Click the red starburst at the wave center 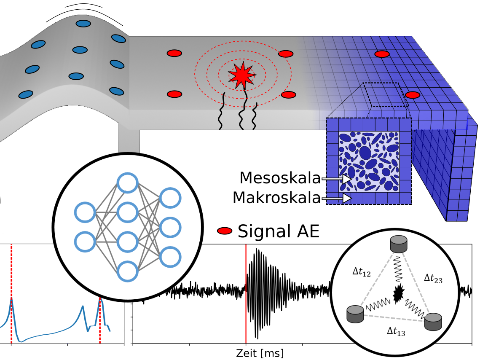coord(241,75)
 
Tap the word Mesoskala coord(280,178)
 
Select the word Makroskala coord(276,197)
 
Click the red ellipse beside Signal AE coord(225,231)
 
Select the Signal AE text coord(279,231)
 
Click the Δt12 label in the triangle coord(361,272)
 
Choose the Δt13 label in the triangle coord(396,332)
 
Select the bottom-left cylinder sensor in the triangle coord(355,314)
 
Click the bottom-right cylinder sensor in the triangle coord(433,322)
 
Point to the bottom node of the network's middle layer coord(127,271)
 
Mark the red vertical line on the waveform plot coord(246,295)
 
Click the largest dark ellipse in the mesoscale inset coord(365,152)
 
